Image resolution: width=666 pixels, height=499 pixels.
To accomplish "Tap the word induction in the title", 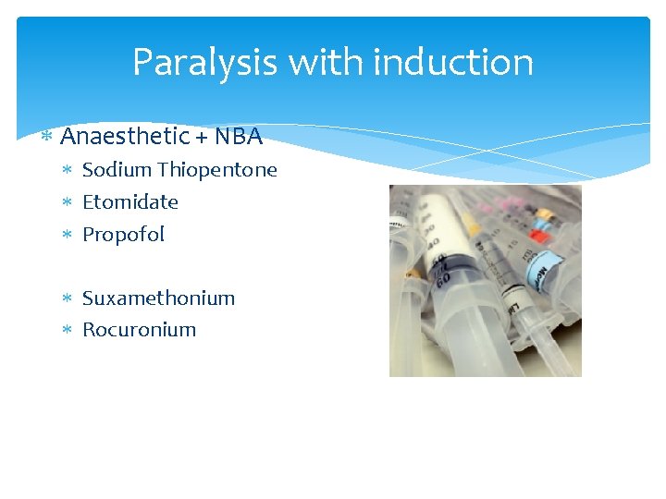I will tap(453, 62).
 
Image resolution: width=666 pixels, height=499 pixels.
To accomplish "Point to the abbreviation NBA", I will tap(239, 137).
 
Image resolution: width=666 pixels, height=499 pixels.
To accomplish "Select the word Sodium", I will tap(117, 170).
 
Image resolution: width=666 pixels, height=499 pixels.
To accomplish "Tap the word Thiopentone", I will tap(217, 170).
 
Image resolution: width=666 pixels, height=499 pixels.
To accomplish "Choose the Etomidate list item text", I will tap(130, 201).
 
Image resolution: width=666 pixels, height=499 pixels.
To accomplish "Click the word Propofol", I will tap(123, 235).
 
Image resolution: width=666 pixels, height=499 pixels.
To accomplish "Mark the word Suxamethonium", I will tap(158, 298).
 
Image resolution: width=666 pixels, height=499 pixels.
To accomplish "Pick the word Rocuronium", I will tap(139, 330).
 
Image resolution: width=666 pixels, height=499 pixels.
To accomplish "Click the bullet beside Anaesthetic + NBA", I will tap(46, 138).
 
